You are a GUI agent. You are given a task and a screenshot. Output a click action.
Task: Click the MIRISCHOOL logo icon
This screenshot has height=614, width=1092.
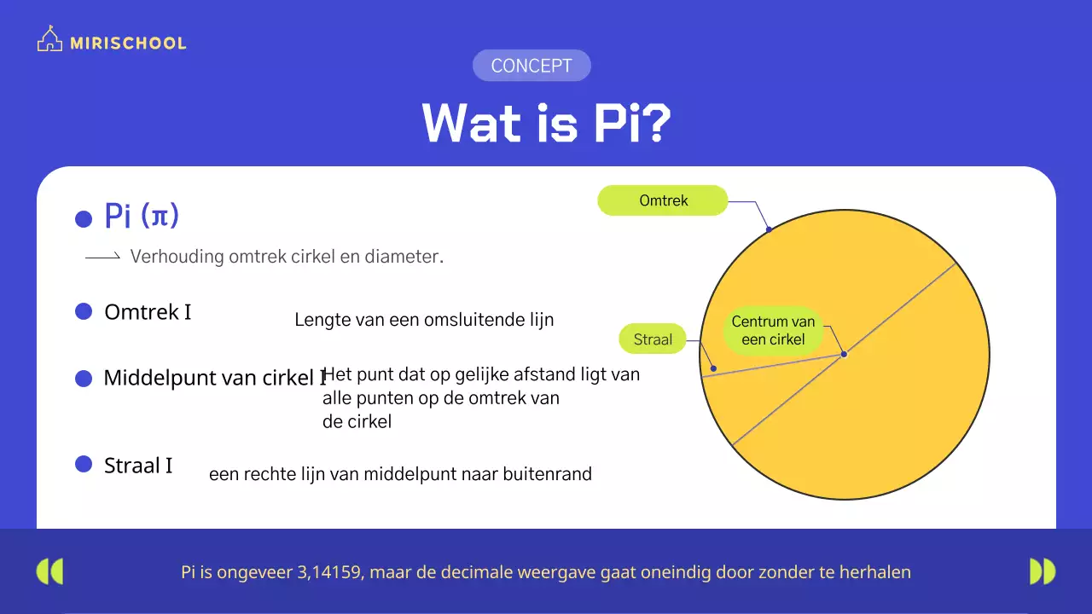click(x=50, y=40)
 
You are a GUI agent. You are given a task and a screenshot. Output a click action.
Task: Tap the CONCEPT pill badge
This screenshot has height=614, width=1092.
click(x=531, y=66)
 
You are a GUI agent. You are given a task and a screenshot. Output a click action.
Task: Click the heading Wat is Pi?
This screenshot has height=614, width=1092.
click(x=546, y=124)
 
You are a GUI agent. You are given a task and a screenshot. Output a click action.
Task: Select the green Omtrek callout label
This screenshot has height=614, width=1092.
click(x=663, y=200)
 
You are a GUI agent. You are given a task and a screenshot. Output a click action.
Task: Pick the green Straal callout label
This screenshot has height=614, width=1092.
click(x=653, y=339)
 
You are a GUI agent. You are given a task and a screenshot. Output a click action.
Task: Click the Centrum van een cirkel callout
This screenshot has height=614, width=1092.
click(x=773, y=330)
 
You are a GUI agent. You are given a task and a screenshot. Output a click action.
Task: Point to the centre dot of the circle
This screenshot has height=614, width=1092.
click(x=844, y=354)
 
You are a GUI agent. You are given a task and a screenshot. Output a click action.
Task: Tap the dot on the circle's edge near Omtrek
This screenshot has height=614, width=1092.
click(x=769, y=229)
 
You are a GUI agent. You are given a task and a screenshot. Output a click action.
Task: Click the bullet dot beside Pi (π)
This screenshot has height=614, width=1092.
click(x=84, y=219)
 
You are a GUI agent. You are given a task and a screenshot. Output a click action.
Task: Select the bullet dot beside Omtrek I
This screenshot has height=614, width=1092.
click(x=84, y=312)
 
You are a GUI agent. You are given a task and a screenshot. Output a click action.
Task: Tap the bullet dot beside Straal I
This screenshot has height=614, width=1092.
click(x=84, y=464)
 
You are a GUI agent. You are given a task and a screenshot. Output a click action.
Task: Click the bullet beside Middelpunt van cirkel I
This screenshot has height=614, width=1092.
click(x=84, y=379)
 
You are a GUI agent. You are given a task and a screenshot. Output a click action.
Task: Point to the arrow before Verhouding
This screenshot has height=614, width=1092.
click(x=102, y=257)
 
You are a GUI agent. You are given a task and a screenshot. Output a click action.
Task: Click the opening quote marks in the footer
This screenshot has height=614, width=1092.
click(x=50, y=571)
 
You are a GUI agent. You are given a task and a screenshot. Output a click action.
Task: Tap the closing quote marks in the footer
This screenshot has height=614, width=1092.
click(x=1042, y=571)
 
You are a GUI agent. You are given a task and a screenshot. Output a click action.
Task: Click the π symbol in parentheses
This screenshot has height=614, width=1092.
click(x=160, y=217)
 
